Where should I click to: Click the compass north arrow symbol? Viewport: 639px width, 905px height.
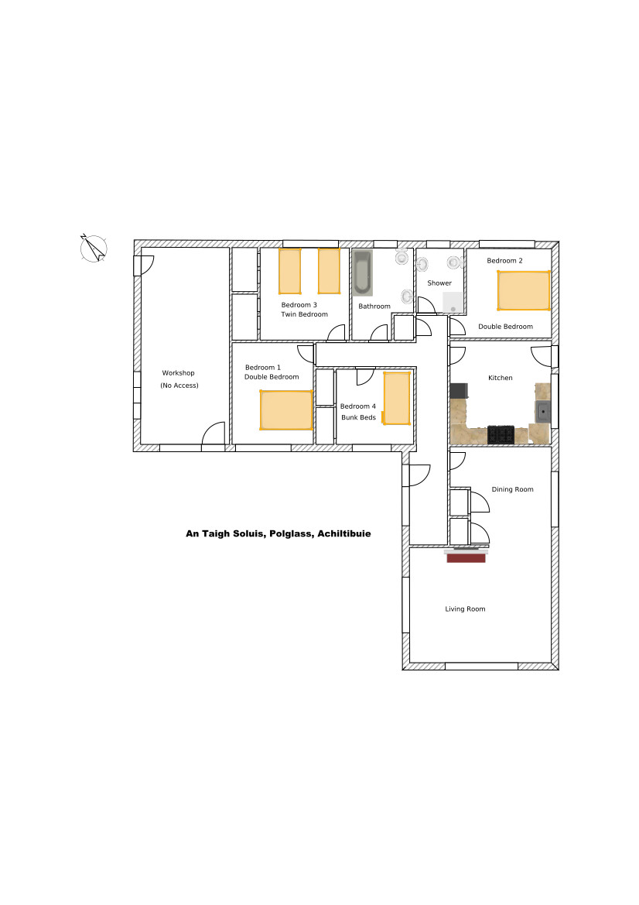[94, 249]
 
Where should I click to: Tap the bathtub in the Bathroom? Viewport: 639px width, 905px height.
[363, 273]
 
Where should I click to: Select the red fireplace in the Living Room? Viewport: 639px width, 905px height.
[466, 556]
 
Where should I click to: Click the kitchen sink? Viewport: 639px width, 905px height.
[543, 412]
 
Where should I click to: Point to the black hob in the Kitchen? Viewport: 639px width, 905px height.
[501, 434]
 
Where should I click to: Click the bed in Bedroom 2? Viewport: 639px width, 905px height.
[524, 290]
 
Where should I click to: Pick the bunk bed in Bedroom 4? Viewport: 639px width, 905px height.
[397, 398]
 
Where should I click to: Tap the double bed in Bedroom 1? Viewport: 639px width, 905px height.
[286, 410]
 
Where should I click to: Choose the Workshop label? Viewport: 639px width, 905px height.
[178, 373]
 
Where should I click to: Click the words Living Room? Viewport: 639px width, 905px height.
[465, 609]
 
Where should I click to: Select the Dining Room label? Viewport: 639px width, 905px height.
[512, 489]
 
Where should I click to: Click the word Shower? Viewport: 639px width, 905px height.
[439, 283]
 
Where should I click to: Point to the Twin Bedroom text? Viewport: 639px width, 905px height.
[305, 314]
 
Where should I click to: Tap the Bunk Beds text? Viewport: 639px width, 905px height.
[358, 417]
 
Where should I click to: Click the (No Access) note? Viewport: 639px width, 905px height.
[179, 386]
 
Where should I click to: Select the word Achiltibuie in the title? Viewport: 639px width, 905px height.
[343, 534]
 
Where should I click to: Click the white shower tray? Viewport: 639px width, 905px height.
[453, 303]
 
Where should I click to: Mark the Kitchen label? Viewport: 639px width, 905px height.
[500, 378]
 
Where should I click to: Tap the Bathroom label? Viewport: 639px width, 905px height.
[374, 307]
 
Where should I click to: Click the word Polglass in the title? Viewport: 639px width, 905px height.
[291, 534]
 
